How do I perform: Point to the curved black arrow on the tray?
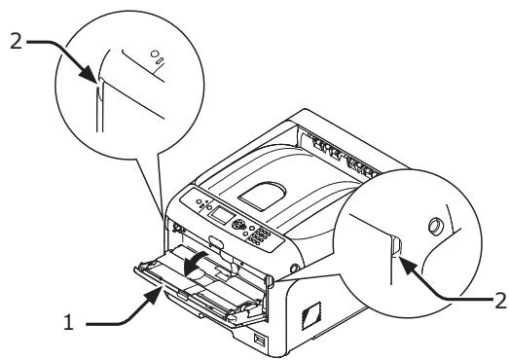(x=200, y=259)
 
